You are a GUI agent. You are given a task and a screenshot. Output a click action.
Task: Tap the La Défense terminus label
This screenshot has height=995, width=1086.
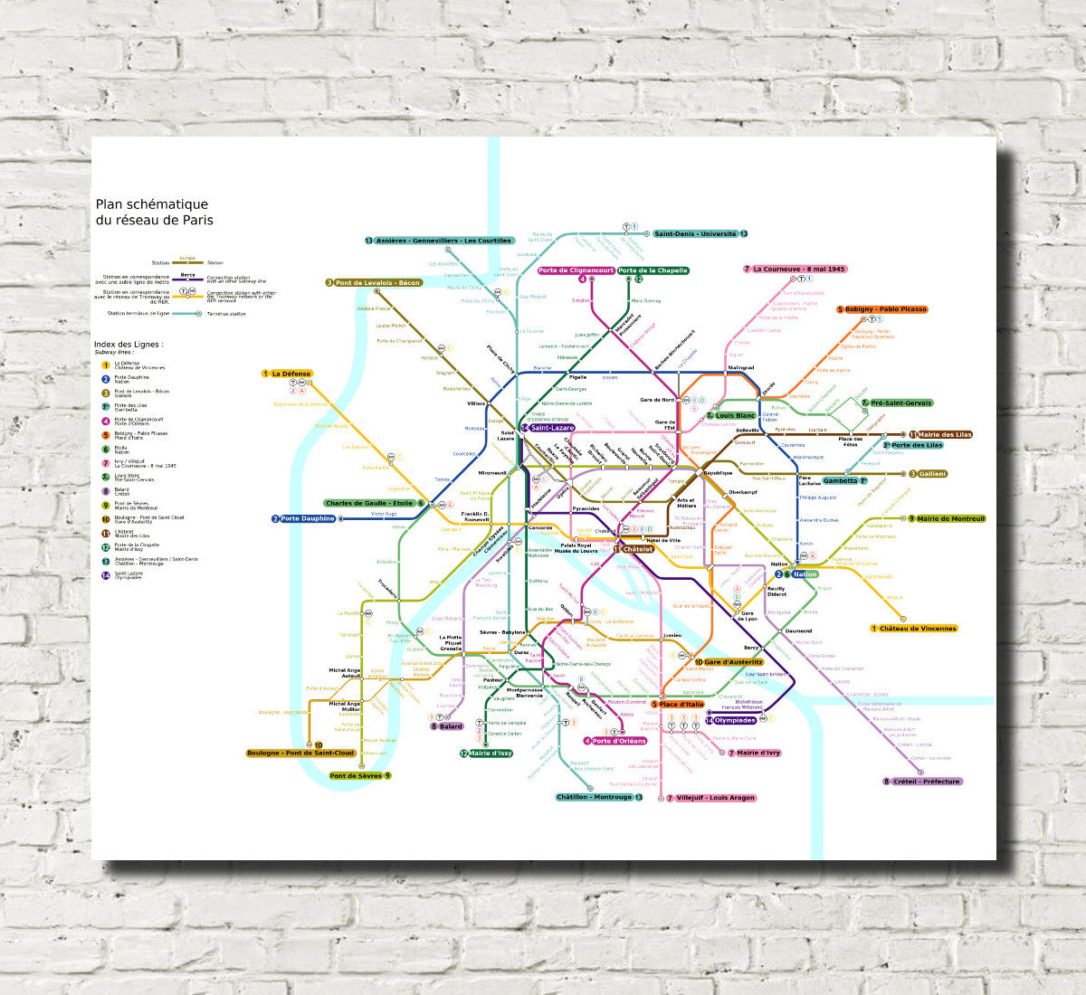point(291,374)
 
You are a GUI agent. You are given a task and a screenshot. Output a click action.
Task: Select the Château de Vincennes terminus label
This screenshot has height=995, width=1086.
point(918,629)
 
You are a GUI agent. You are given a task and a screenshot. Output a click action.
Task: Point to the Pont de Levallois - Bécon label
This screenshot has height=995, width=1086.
point(378,283)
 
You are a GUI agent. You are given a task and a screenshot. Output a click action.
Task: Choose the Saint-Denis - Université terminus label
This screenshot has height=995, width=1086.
point(695,234)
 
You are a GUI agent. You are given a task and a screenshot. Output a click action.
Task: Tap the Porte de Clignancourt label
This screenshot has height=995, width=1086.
point(576,270)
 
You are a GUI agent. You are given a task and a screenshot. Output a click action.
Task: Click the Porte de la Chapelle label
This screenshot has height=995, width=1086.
point(653,270)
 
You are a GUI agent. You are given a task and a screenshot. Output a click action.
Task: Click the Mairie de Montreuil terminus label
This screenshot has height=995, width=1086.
point(950,519)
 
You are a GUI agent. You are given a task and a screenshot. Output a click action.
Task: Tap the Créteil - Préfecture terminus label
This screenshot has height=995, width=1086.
point(926,782)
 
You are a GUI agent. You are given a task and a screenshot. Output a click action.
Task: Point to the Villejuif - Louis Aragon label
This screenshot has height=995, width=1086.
point(715,798)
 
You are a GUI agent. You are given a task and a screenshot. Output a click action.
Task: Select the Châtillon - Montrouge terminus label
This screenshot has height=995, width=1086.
point(595,797)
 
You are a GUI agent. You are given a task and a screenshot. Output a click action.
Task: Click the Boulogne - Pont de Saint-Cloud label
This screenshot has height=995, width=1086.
point(300,753)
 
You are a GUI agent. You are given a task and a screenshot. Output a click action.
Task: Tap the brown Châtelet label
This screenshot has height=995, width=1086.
point(637,549)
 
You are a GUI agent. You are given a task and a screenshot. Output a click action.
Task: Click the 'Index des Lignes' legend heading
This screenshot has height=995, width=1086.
point(129,345)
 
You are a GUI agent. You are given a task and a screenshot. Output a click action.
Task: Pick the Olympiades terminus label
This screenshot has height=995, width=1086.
point(735,721)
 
